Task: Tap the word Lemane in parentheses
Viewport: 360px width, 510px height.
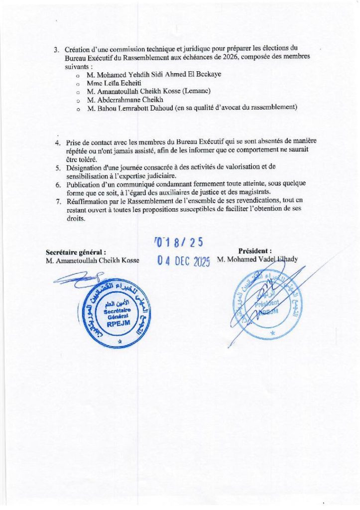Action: click(x=197, y=91)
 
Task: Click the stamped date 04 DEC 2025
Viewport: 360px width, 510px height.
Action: click(x=183, y=261)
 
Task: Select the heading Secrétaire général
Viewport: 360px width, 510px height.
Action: click(x=76, y=252)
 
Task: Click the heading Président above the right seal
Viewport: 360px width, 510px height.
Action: click(x=255, y=252)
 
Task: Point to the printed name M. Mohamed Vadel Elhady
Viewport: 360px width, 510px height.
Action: click(x=257, y=260)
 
